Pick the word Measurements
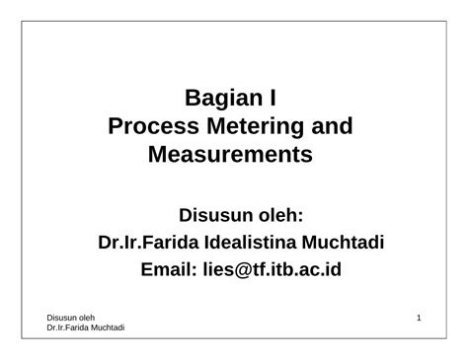coord(229,154)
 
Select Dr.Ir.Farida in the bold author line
coord(147,242)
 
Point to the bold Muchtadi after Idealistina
coord(344,242)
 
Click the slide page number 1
coord(420,317)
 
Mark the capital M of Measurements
coord(158,154)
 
